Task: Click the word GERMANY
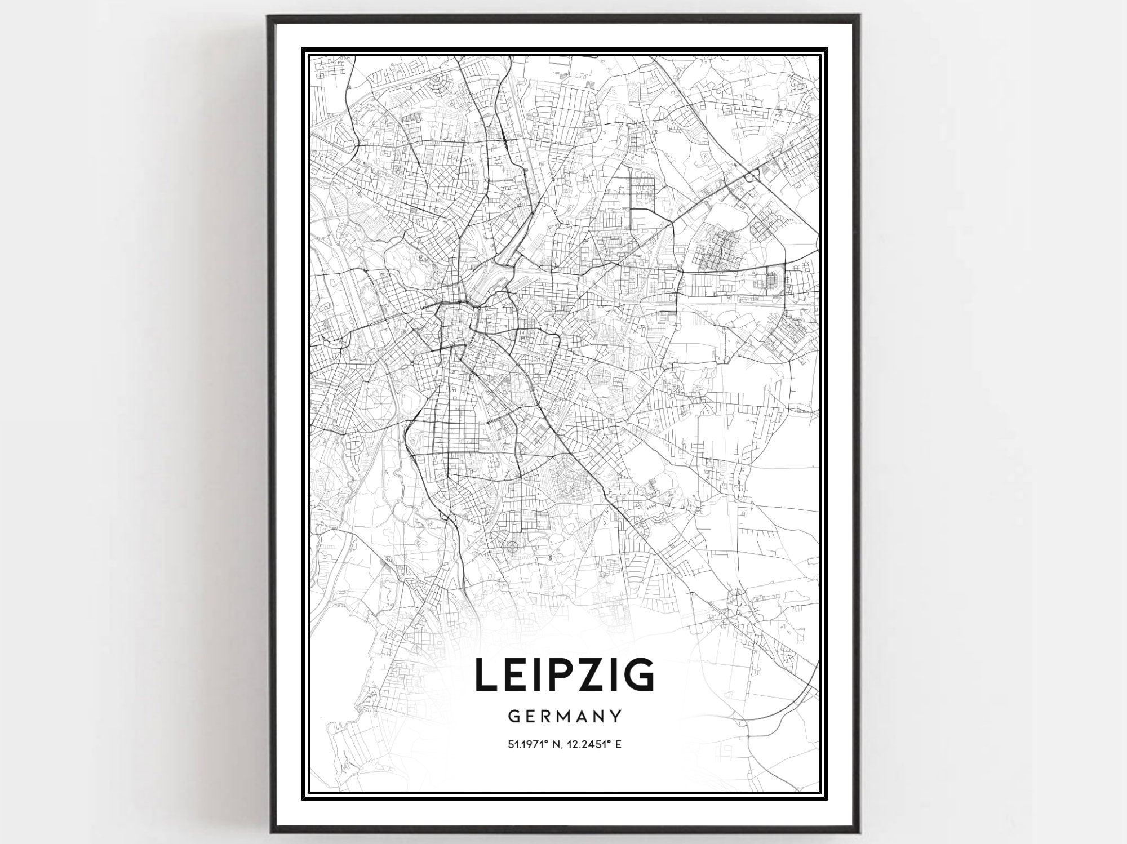[565, 716]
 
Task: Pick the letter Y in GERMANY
[616, 716]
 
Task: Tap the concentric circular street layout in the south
[512, 547]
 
